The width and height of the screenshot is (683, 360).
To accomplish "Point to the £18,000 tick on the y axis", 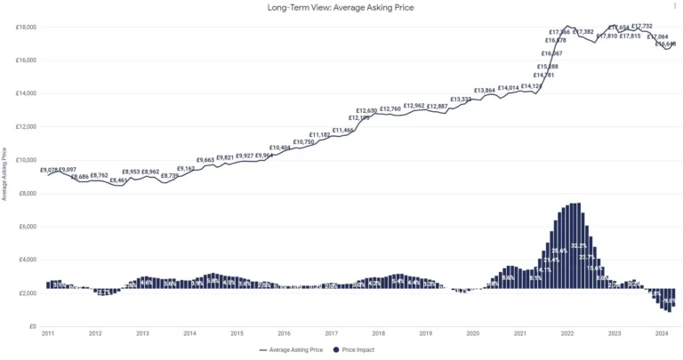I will [x=25, y=28].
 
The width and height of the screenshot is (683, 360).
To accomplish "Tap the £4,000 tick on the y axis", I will [x=27, y=260].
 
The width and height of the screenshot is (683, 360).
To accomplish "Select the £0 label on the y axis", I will [x=32, y=326].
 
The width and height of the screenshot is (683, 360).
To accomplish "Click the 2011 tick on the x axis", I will [x=47, y=334].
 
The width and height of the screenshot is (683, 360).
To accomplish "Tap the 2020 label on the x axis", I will [x=472, y=334].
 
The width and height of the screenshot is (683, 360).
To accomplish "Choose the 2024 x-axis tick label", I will [x=661, y=334].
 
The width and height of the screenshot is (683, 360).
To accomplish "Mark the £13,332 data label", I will [x=461, y=100].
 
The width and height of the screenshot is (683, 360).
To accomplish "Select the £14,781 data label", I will [x=546, y=76].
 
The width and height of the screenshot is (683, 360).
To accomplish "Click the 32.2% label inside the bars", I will [x=579, y=245].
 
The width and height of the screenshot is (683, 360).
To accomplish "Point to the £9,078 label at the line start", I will [x=50, y=169].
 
